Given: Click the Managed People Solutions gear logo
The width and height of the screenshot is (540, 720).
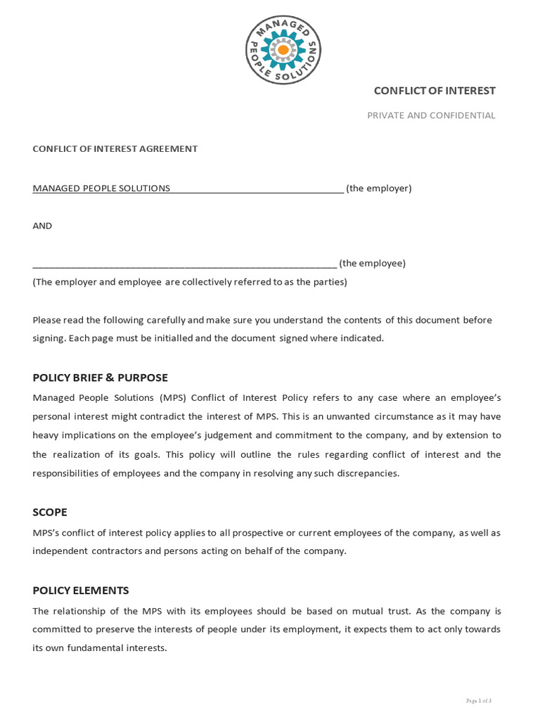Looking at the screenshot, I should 283,51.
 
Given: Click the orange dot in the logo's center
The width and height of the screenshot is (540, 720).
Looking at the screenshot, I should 283,51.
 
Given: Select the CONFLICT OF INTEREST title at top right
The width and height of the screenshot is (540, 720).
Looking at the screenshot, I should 435,91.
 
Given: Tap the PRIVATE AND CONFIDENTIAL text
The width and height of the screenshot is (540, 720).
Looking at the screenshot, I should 431,115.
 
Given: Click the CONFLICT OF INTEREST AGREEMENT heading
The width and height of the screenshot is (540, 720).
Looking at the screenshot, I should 115,149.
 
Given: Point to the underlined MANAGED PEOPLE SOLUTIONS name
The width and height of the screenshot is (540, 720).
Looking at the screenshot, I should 101,188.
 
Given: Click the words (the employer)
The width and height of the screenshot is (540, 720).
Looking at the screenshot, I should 379,188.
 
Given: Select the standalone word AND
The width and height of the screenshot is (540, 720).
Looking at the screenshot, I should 42,226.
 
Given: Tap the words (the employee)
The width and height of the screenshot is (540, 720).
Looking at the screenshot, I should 373,263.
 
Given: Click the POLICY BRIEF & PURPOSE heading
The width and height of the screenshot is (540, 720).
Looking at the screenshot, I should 101,378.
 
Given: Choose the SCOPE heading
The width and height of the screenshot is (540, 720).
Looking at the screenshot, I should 50,512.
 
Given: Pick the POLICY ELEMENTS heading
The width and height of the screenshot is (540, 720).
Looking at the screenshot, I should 81,591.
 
